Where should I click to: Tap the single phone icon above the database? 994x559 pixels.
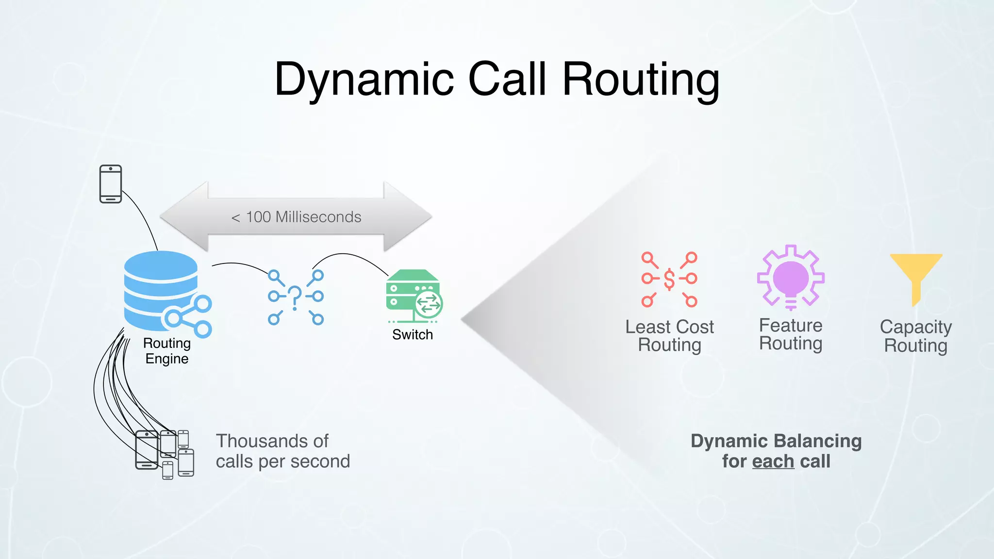point(111,184)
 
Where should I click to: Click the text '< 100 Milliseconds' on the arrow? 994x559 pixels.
point(296,217)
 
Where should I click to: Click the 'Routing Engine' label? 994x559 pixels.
point(167,351)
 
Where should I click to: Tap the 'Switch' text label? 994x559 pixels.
point(413,335)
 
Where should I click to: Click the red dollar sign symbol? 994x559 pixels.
point(669,279)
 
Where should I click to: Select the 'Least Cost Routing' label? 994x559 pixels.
point(669,336)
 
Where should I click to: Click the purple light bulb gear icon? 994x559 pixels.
point(791,278)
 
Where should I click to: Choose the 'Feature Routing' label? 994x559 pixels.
point(791,334)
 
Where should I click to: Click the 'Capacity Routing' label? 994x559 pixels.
point(916,336)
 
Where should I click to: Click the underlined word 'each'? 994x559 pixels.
point(773,461)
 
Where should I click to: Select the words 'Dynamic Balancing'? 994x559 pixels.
point(776,441)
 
